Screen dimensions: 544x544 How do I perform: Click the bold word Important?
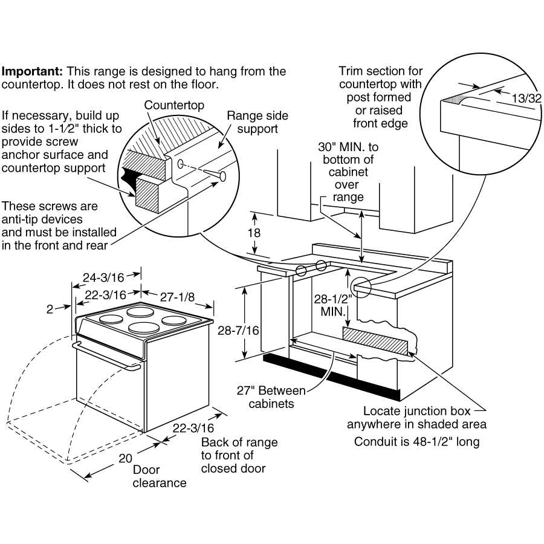tap(32, 71)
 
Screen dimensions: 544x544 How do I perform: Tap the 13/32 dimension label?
tap(526, 99)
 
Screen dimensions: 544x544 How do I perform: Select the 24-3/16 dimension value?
tap(103, 277)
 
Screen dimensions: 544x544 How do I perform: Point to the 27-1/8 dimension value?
tap(177, 297)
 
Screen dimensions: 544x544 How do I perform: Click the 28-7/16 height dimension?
tap(238, 331)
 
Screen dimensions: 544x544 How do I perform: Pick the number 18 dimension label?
tap(254, 233)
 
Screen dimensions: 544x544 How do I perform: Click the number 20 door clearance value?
tap(125, 458)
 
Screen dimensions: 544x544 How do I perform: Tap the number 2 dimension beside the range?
tap(50, 309)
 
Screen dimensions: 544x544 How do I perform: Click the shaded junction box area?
tap(375, 341)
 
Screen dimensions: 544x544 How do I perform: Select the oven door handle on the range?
tap(106, 357)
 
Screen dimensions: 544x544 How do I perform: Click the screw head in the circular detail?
tap(222, 176)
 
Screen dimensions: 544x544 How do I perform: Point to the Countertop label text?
tap(174, 105)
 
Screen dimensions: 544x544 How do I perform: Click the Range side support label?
tap(257, 122)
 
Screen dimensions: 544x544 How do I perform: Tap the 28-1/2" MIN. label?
tap(333, 305)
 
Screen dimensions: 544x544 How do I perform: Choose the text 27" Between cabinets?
tap(271, 397)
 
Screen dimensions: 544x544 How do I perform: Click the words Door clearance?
tap(160, 476)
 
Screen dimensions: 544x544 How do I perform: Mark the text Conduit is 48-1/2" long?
tap(416, 442)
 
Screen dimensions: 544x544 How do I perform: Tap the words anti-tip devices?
tap(42, 219)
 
